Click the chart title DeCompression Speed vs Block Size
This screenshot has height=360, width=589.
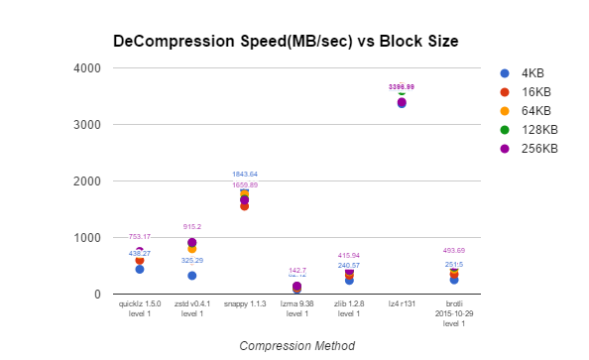pyautogui.click(x=286, y=42)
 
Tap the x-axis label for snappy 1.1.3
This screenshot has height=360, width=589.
pyautogui.click(x=244, y=305)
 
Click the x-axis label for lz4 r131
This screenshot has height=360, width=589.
pyautogui.click(x=402, y=305)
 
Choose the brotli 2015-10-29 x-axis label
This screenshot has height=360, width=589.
pyautogui.click(x=453, y=314)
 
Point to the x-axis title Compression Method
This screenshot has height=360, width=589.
pyautogui.click(x=297, y=346)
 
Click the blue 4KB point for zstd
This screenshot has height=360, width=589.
pyautogui.click(x=191, y=276)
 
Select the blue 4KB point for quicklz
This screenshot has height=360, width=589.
pyautogui.click(x=140, y=269)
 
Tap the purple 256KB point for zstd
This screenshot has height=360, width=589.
pyautogui.click(x=191, y=243)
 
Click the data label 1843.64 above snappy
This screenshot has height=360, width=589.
pyautogui.click(x=244, y=175)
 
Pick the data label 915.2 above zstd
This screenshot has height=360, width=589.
pyautogui.click(x=191, y=227)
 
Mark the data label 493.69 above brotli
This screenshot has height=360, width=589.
pyautogui.click(x=453, y=251)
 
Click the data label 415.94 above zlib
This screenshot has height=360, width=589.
pyautogui.click(x=349, y=255)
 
